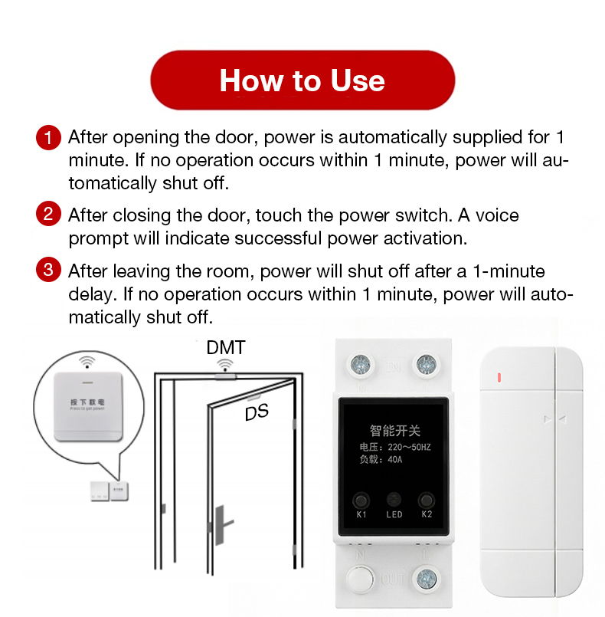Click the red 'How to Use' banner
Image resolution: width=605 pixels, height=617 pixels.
[x=302, y=80]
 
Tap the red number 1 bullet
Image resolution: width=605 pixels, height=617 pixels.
[x=47, y=138]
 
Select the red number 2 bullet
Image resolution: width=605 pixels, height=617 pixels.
[x=47, y=214]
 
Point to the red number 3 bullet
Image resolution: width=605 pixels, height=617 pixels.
[x=47, y=271]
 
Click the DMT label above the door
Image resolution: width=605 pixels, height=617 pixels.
[x=226, y=347]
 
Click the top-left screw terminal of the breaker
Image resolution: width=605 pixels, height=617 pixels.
[x=358, y=363]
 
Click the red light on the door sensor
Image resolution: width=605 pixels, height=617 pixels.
[x=499, y=377]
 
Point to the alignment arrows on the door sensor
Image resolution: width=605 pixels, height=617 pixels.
[x=555, y=419]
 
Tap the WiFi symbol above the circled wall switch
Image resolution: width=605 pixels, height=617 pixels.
[x=87, y=361]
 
